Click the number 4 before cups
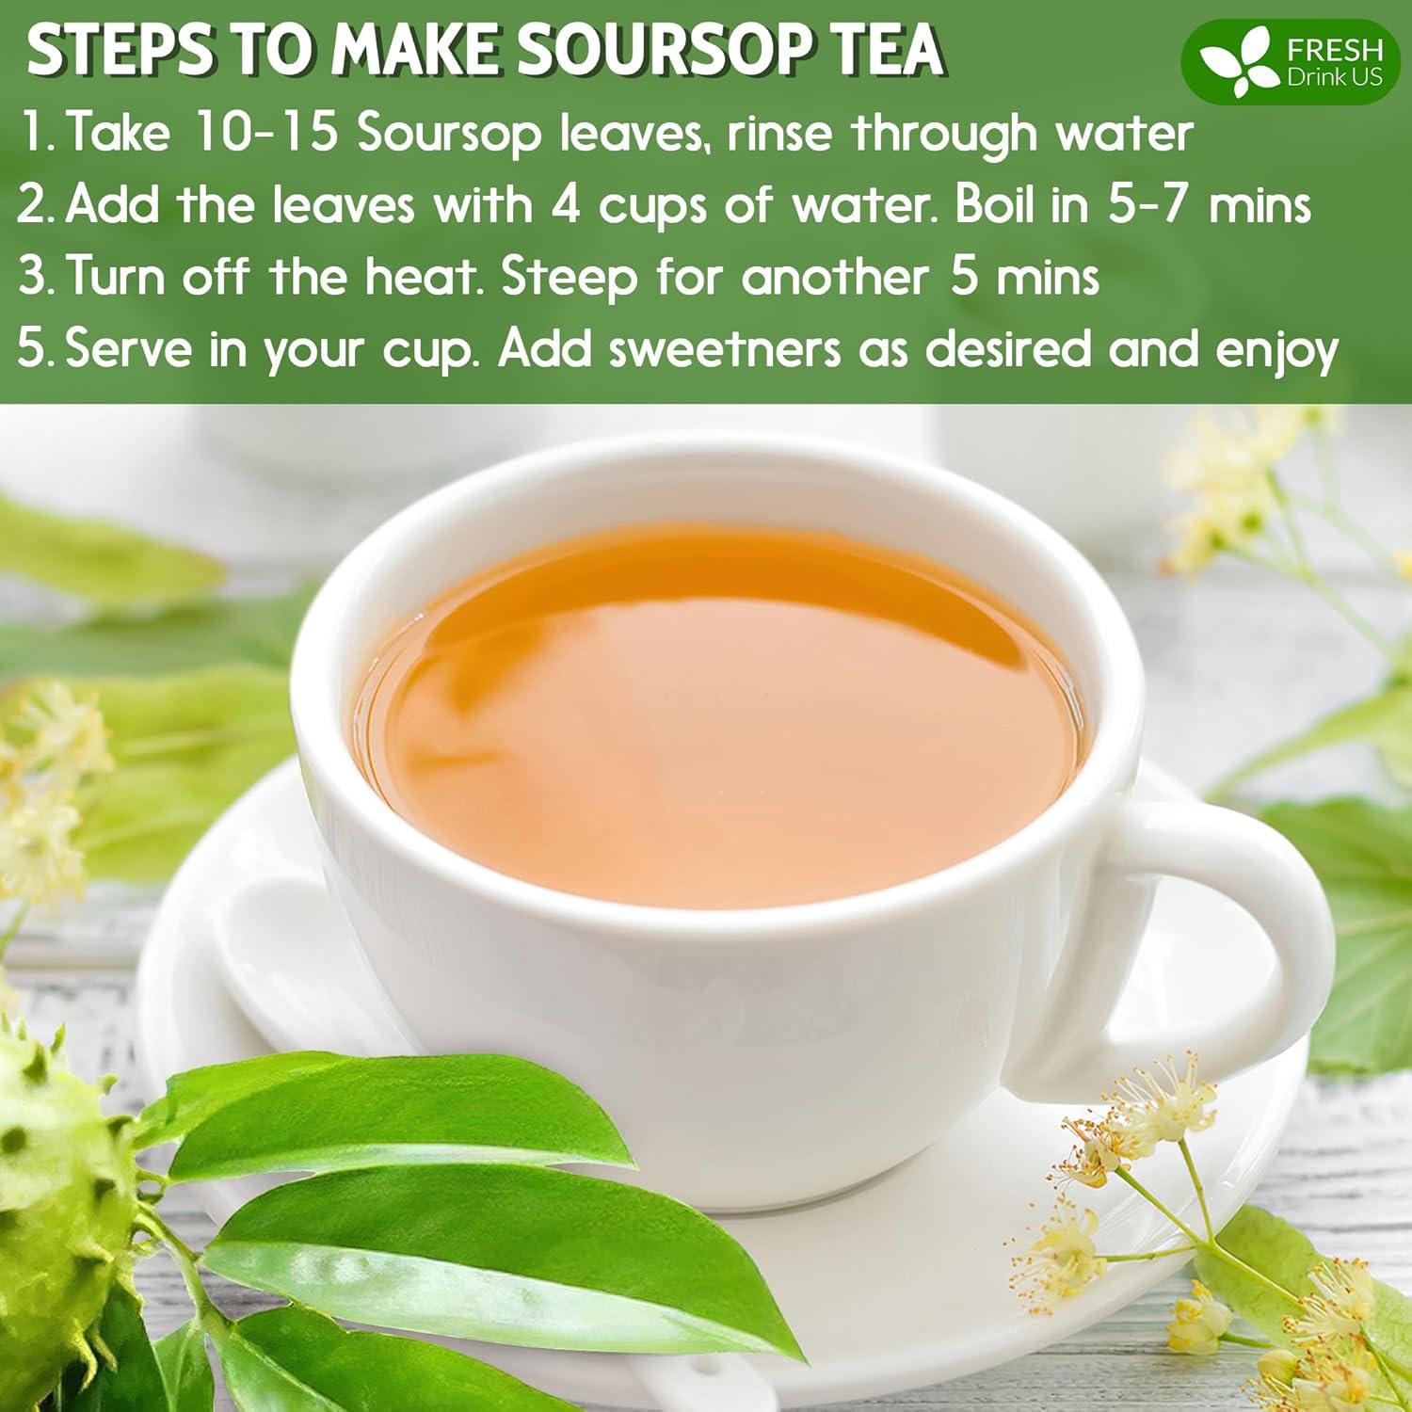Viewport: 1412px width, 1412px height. (565, 204)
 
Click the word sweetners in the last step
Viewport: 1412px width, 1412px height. (725, 349)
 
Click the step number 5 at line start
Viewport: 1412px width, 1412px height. (31, 349)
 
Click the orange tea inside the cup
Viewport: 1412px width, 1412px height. (715, 715)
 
